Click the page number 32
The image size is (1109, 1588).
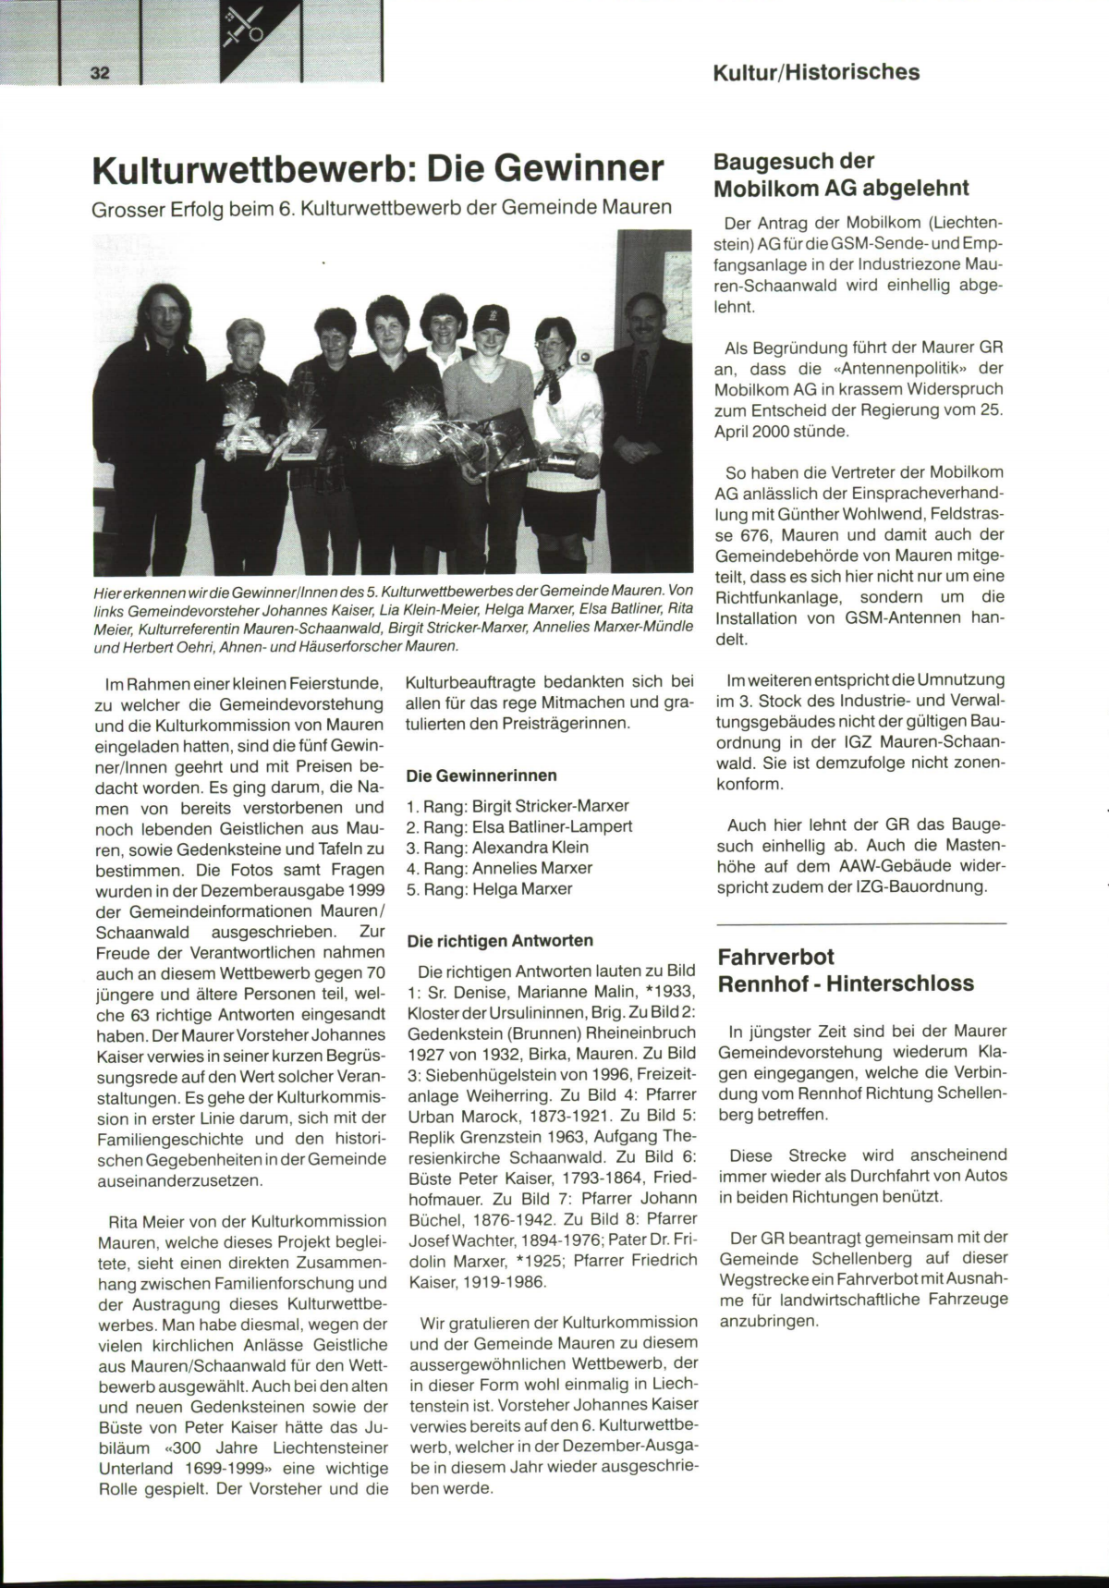tap(101, 73)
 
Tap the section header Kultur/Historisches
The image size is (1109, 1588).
tap(816, 72)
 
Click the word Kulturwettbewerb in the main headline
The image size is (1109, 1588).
tap(249, 170)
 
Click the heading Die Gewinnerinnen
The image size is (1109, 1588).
tap(481, 775)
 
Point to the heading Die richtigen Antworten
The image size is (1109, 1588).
tap(500, 940)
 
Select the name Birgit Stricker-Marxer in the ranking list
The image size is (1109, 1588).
tap(551, 805)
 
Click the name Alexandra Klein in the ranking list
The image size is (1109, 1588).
tap(530, 847)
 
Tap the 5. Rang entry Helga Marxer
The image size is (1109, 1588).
tap(522, 888)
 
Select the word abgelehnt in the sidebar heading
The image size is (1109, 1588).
tap(916, 189)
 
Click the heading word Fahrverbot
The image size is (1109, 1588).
tap(776, 957)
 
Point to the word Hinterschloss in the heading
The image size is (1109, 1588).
tap(900, 983)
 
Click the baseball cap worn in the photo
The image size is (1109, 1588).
tap(491, 319)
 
